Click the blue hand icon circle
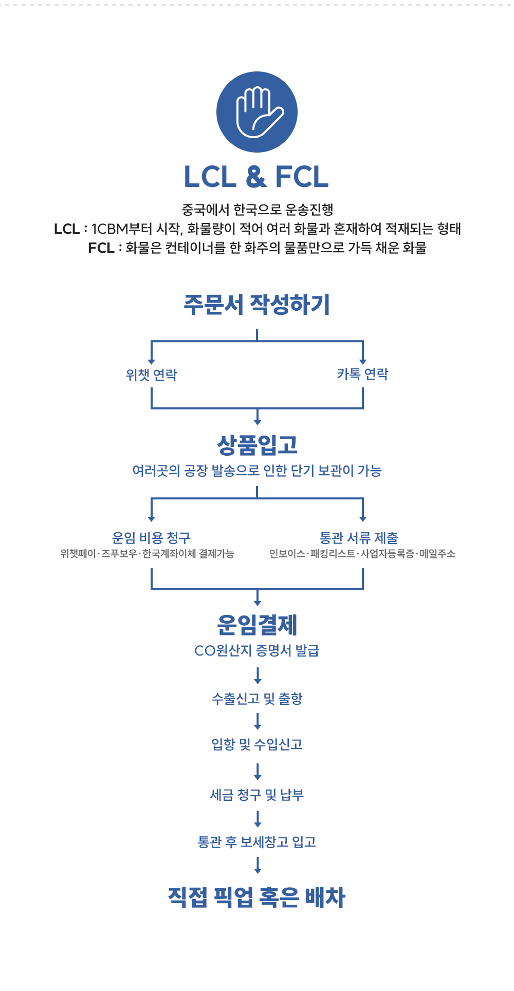click(x=257, y=112)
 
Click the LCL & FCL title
click(x=256, y=177)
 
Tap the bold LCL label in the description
click(x=67, y=229)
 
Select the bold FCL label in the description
click(x=101, y=248)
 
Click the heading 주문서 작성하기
click(x=257, y=304)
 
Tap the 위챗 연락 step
click(x=152, y=375)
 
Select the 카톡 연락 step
click(x=363, y=374)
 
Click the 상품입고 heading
click(x=258, y=445)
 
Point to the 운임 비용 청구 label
click(x=151, y=538)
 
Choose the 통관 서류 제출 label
click(x=359, y=538)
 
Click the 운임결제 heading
click(x=258, y=625)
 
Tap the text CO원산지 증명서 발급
click(x=257, y=650)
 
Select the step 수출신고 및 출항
click(x=257, y=698)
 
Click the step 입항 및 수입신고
click(x=257, y=744)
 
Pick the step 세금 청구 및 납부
click(x=257, y=795)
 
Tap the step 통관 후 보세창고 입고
click(x=257, y=842)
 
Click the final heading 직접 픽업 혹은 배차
click(x=257, y=897)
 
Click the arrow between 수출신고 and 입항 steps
click(x=258, y=721)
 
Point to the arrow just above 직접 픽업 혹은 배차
click(x=258, y=865)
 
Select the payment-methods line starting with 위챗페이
click(x=147, y=554)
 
